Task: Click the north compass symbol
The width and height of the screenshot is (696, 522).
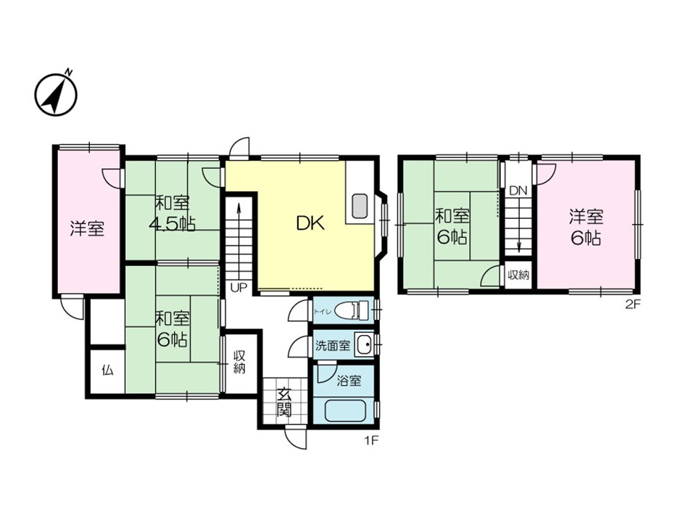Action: click(x=56, y=94)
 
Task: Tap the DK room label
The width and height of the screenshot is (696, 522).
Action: click(x=311, y=223)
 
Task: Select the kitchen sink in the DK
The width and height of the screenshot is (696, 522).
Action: click(x=360, y=206)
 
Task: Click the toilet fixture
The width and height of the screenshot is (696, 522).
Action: click(x=351, y=310)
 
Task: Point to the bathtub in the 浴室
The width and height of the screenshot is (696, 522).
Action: click(x=345, y=410)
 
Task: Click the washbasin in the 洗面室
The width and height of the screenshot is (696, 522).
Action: click(x=365, y=345)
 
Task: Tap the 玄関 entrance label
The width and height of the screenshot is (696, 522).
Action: click(x=284, y=402)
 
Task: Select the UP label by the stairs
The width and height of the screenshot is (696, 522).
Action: click(x=239, y=288)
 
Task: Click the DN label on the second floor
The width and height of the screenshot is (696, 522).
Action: click(x=518, y=191)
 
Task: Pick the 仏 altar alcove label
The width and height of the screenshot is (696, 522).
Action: click(x=107, y=370)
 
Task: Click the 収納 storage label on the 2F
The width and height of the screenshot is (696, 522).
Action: click(x=518, y=275)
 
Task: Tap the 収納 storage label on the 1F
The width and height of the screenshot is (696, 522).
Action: click(x=240, y=362)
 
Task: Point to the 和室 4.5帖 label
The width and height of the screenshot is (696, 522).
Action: click(x=173, y=214)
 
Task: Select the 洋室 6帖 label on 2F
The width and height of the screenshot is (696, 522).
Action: click(x=587, y=228)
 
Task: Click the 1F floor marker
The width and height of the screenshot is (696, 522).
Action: click(x=371, y=441)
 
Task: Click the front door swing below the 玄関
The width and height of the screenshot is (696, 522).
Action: click(x=296, y=437)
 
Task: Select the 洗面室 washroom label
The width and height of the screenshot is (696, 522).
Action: click(x=333, y=345)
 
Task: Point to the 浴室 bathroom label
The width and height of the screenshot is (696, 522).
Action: click(x=349, y=381)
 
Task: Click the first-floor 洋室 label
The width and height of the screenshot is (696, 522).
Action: click(x=87, y=228)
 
